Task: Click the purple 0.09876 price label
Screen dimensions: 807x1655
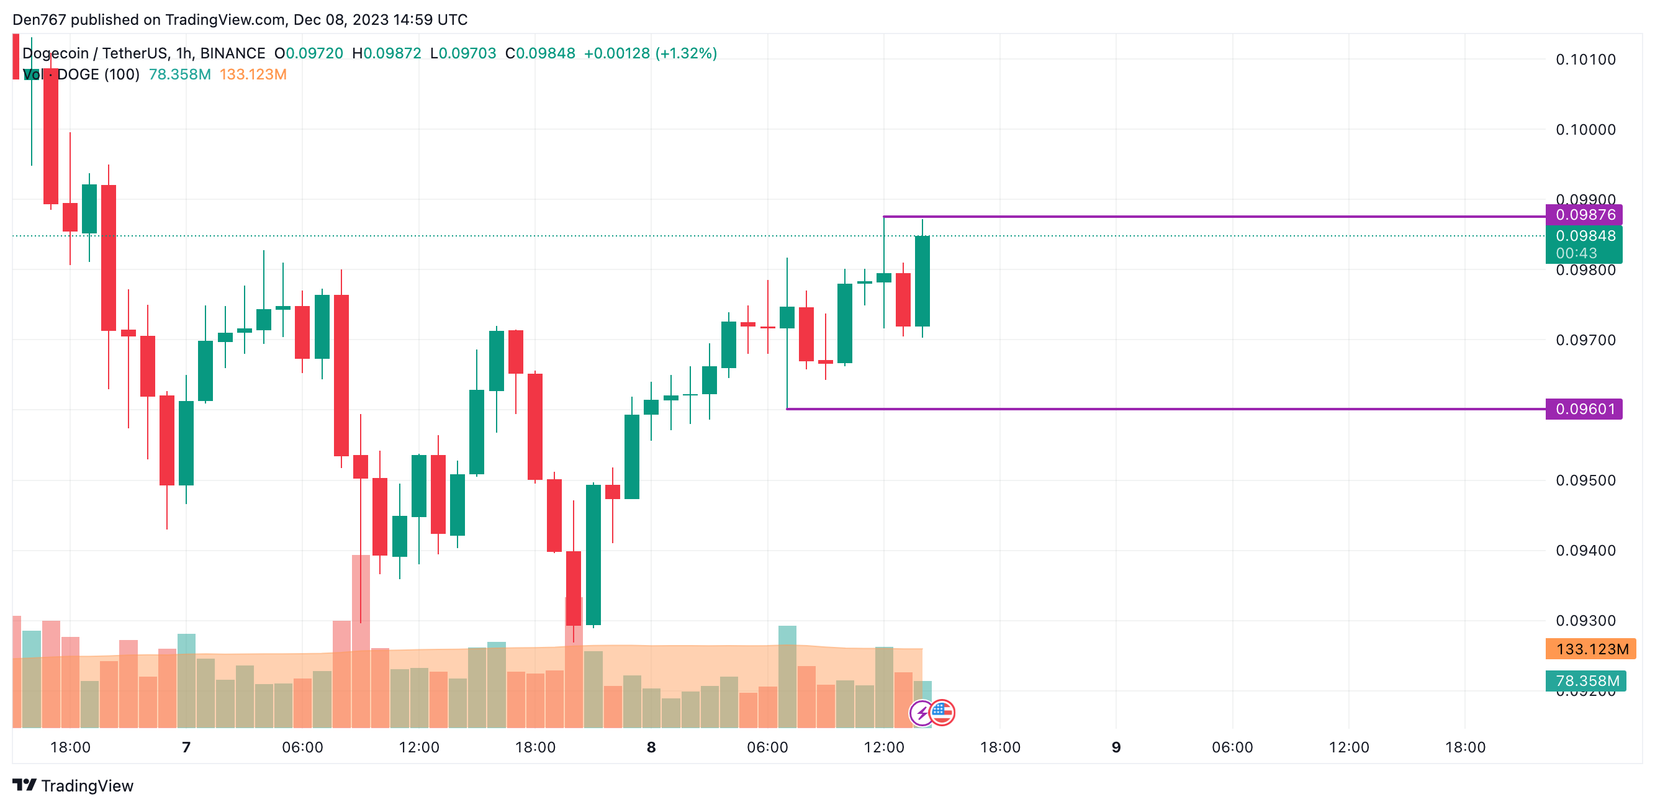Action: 1584,215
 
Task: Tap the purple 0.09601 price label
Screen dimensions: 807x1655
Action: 1584,408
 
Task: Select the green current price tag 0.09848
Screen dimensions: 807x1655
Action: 1584,237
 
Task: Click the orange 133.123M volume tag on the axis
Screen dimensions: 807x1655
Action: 1592,649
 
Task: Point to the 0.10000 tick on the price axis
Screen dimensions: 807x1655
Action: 1585,130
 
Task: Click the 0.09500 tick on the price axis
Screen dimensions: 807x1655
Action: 1585,480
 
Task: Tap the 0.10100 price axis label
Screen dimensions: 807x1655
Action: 1585,60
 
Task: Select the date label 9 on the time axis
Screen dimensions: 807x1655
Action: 1116,747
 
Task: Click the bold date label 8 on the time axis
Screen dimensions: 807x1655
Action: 651,747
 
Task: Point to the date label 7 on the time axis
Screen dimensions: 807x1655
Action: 186,747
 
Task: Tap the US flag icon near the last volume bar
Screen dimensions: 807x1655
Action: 942,712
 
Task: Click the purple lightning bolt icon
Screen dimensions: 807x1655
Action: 922,713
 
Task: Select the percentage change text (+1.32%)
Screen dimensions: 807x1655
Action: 685,53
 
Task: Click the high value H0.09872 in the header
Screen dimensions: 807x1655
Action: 386,53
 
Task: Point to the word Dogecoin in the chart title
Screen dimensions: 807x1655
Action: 55,53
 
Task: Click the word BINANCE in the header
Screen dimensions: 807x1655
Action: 233,53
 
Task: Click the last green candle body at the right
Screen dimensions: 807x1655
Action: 922,281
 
